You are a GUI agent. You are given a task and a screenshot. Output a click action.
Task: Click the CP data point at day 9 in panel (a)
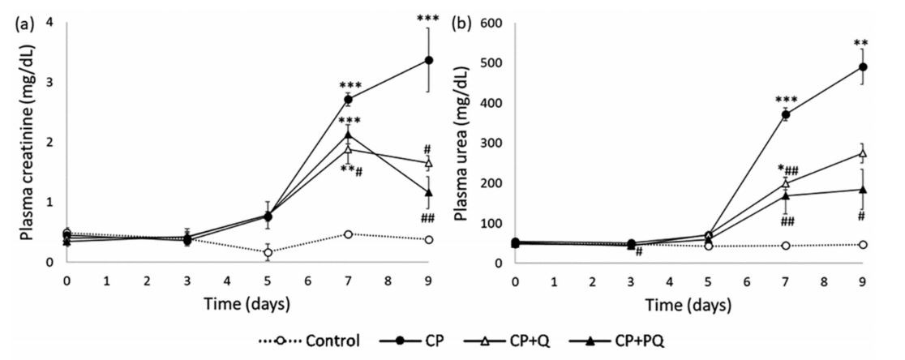point(428,60)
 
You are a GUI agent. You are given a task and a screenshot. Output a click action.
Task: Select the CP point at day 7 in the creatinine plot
point(348,99)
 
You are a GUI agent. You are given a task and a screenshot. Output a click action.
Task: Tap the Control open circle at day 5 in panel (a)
point(268,252)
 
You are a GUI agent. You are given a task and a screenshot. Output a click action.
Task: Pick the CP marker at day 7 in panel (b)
point(785,114)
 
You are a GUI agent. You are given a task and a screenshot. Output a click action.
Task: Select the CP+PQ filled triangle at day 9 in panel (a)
point(428,192)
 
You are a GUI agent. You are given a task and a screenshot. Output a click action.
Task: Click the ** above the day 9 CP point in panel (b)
point(861,44)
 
